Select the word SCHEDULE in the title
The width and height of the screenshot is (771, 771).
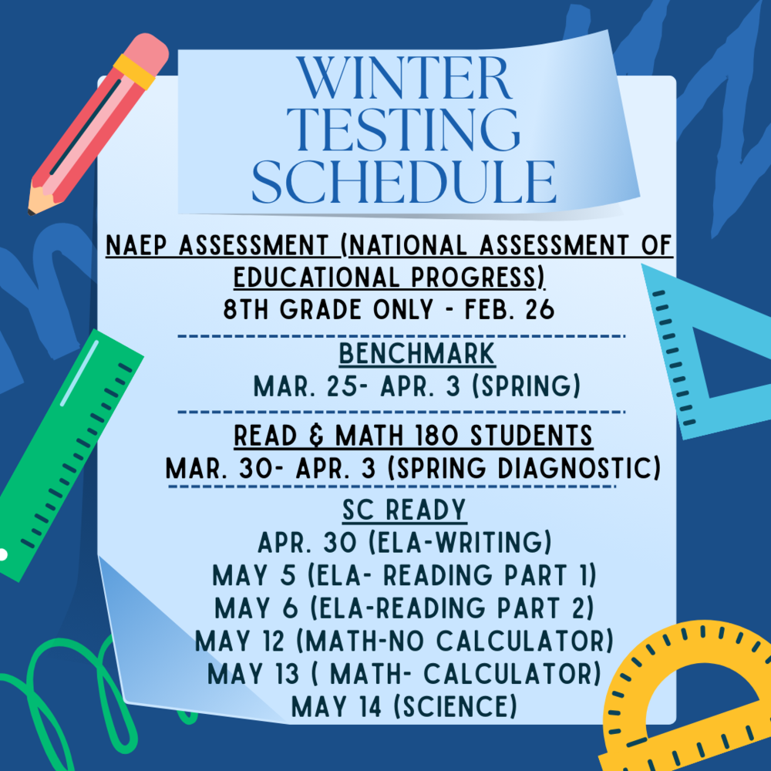click(404, 182)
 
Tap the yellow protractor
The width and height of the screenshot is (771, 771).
click(694, 694)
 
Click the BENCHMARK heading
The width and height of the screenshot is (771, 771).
click(417, 355)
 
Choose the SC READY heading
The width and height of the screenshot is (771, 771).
click(404, 510)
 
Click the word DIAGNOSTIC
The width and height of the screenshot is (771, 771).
click(570, 468)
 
